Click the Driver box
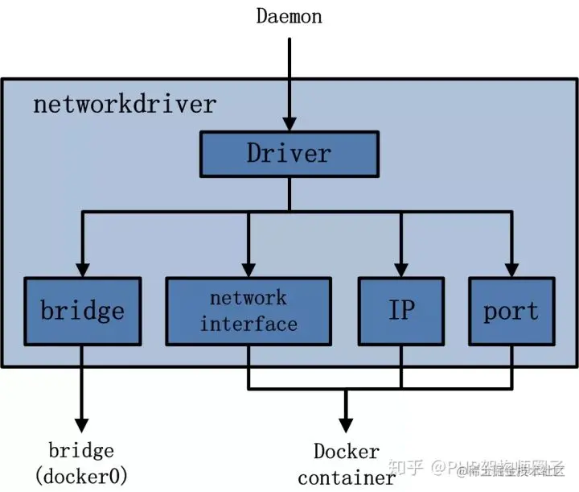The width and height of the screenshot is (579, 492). (x=289, y=153)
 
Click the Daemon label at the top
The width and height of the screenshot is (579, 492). (x=289, y=15)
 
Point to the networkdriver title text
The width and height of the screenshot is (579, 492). (x=125, y=104)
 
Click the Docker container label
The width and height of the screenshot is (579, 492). (x=346, y=465)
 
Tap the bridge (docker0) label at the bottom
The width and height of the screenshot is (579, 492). (x=81, y=463)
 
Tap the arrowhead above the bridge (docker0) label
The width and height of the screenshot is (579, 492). (x=81, y=424)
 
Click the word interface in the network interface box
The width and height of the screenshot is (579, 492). (x=249, y=325)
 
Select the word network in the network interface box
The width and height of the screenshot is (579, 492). (x=248, y=298)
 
